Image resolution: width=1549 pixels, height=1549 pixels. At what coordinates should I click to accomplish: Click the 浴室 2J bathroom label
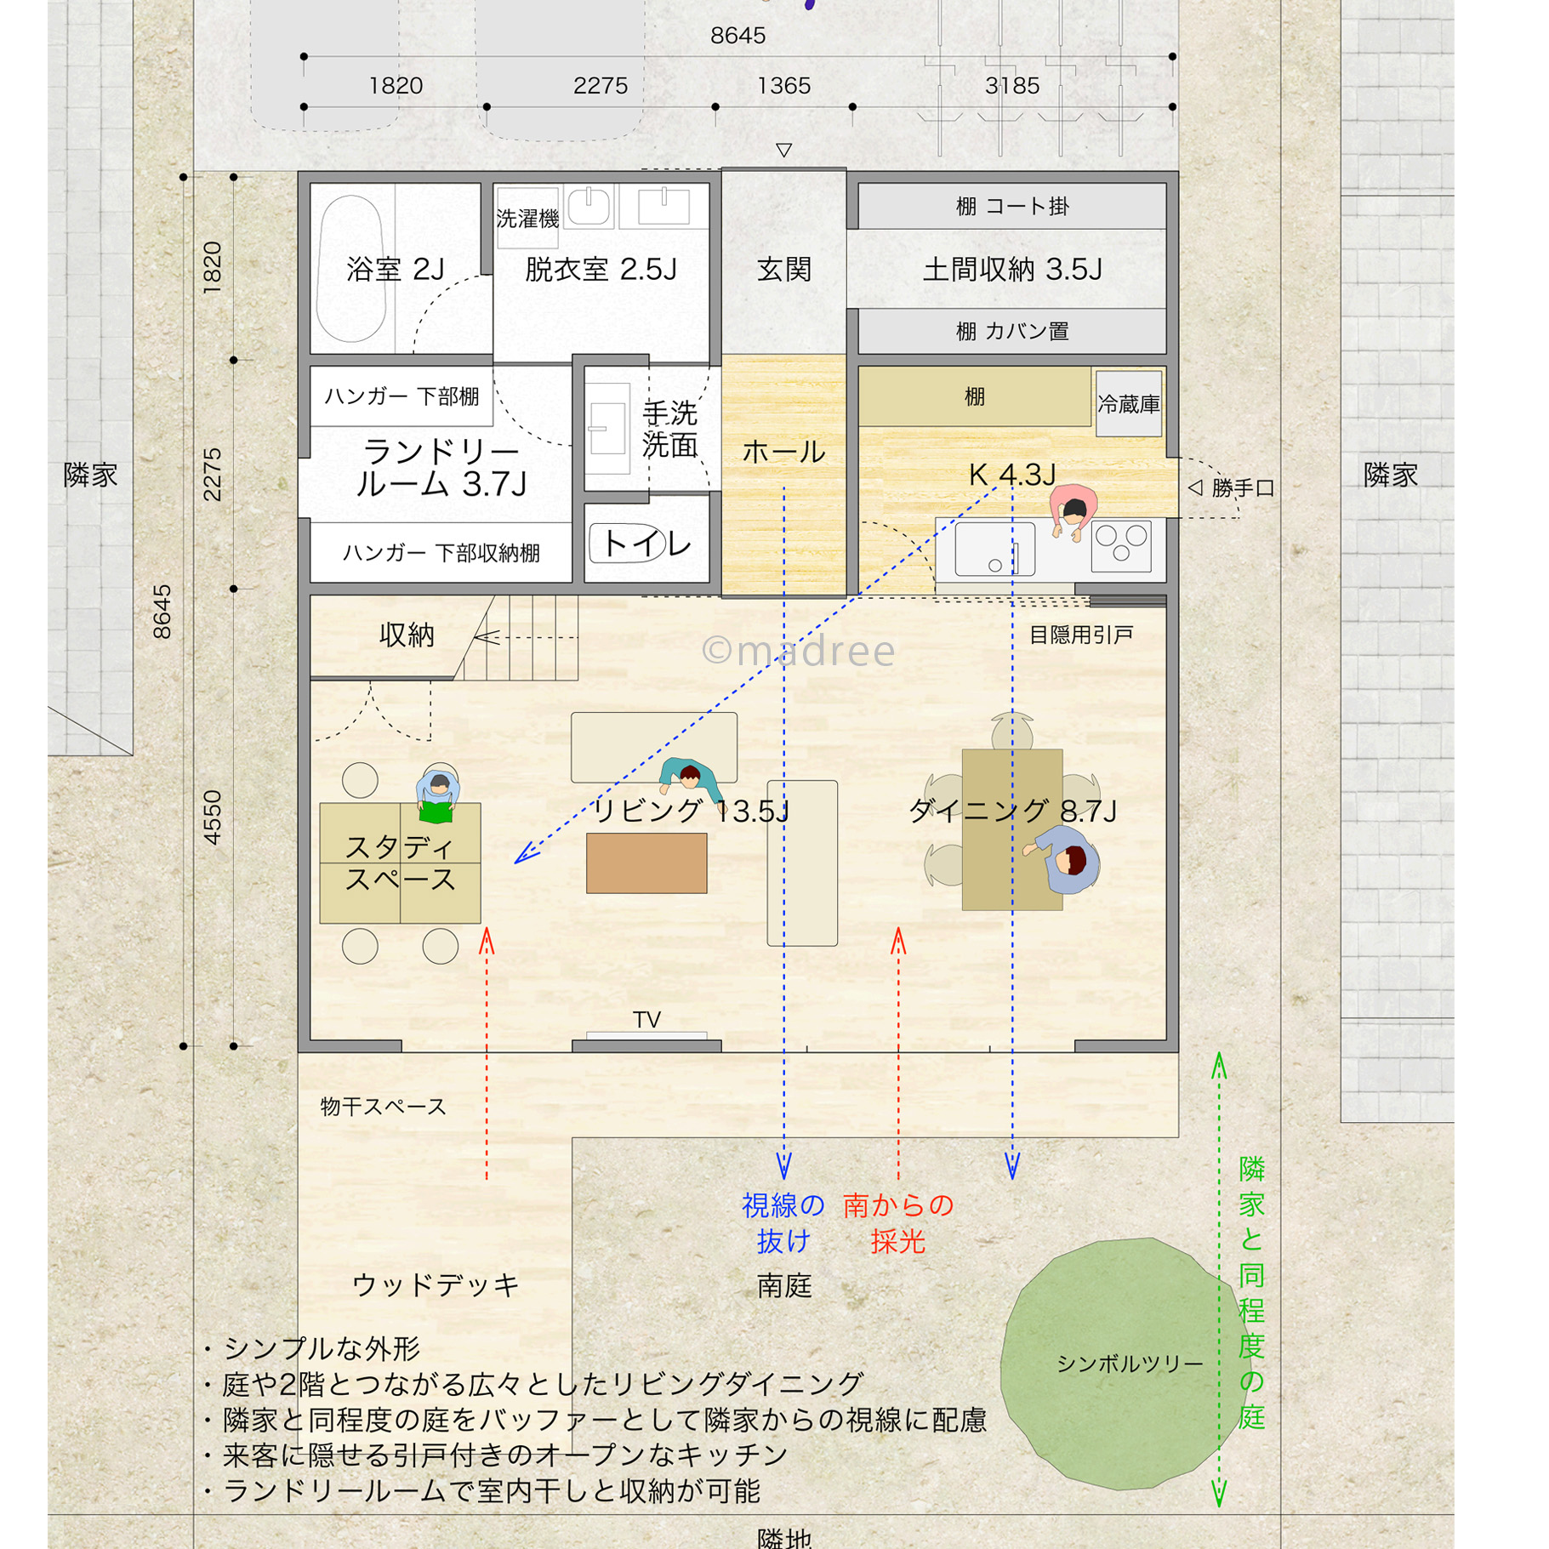tap(396, 270)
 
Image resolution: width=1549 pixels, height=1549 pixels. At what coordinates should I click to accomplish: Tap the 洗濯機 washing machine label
tap(527, 219)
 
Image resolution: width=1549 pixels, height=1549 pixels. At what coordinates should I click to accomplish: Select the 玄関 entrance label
tap(783, 270)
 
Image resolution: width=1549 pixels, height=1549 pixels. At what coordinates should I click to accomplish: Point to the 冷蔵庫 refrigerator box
tap(1129, 403)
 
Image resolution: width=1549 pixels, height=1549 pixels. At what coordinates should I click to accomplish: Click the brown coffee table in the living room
tap(646, 863)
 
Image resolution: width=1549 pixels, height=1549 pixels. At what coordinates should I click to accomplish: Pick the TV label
tap(646, 1019)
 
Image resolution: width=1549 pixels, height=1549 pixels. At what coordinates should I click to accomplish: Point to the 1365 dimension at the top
tap(783, 86)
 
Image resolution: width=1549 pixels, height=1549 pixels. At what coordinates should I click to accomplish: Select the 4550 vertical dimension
tap(212, 817)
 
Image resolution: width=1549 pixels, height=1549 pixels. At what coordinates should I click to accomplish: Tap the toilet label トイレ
tap(646, 543)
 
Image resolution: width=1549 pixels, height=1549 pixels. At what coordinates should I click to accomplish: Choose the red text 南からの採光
tap(898, 1223)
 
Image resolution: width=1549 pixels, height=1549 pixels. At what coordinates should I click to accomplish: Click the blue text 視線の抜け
tap(783, 1223)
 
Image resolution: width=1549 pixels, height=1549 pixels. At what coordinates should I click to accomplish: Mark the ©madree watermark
tap(798, 651)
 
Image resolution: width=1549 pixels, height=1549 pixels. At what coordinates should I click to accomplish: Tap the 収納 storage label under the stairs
tap(407, 635)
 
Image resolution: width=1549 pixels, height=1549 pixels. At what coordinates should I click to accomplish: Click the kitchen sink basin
tap(994, 550)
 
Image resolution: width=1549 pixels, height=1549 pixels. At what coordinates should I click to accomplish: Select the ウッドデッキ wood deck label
tap(436, 1284)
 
